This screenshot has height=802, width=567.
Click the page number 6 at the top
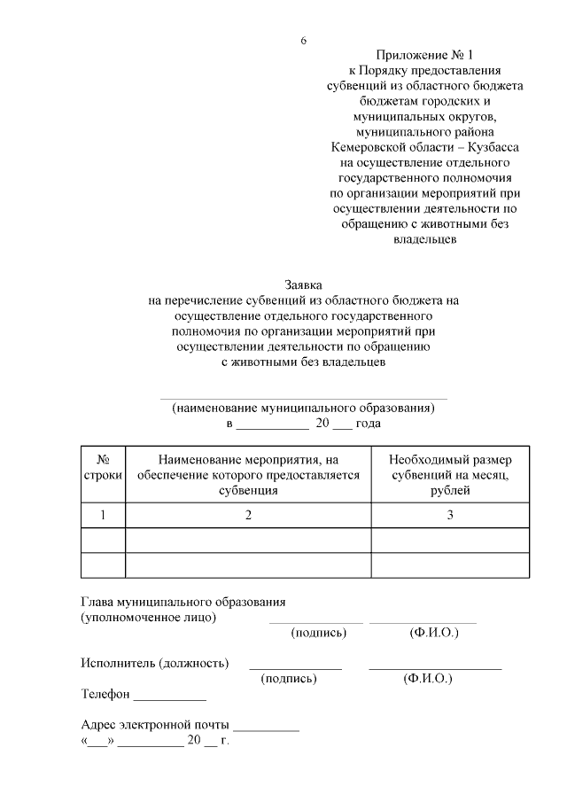(303, 42)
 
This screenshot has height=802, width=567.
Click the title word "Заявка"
(304, 285)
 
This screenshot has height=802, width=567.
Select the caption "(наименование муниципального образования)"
(303, 409)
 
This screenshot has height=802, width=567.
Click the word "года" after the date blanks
(368, 424)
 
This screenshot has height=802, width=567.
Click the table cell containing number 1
(103, 515)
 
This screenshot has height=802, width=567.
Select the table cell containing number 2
(248, 515)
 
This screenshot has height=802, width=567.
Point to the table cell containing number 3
(450, 515)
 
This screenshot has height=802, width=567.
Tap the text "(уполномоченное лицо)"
(148, 617)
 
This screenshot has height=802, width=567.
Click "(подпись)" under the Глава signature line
(318, 633)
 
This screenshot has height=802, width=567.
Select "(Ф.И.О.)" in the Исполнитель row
(427, 678)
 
